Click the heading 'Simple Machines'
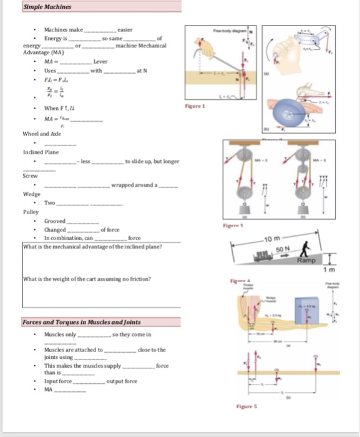click(47, 7)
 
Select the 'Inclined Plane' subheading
click(41, 152)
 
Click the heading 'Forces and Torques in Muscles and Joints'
click(81, 322)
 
